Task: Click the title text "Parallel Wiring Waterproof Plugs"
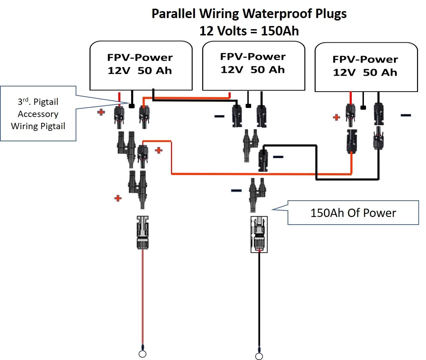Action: pyautogui.click(x=249, y=14)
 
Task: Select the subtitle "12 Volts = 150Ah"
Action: pyautogui.click(x=249, y=31)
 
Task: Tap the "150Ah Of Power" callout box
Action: pyautogui.click(x=353, y=212)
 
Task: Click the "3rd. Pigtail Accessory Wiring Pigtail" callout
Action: pyautogui.click(x=38, y=114)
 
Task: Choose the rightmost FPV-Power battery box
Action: pyautogui.click(x=366, y=67)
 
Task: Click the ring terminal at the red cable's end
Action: pyautogui.click(x=142, y=353)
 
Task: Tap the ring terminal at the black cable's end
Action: pyautogui.click(x=259, y=356)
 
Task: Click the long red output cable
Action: pyautogui.click(x=142, y=295)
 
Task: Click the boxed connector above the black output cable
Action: pyautogui.click(x=259, y=234)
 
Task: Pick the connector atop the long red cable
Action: pyautogui.click(x=143, y=232)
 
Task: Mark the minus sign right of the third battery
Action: pyautogui.click(x=406, y=115)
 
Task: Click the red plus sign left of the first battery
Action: pyautogui.click(x=101, y=112)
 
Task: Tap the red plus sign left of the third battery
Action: pyautogui.click(x=336, y=117)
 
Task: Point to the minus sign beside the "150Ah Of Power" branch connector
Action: pyautogui.click(x=236, y=190)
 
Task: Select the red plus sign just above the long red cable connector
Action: pyautogui.click(x=118, y=198)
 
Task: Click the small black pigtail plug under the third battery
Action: pyautogui.click(x=363, y=107)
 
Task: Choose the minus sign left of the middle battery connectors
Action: pyautogui.click(x=219, y=116)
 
